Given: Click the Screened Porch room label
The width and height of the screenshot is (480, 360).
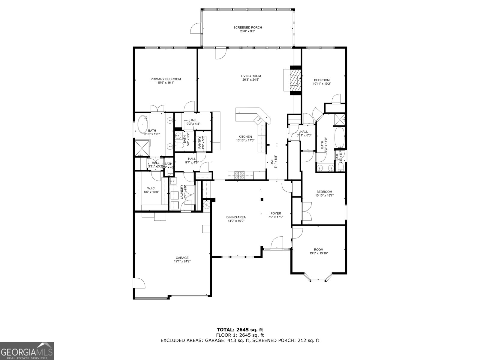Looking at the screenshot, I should click(247, 28).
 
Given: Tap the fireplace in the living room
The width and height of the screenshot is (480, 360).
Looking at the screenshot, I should click(294, 80).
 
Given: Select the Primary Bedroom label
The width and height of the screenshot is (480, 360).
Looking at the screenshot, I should click(166, 79).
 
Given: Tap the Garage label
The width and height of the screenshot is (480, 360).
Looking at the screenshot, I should click(182, 258).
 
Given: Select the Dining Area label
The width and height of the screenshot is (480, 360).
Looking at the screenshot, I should click(236, 217).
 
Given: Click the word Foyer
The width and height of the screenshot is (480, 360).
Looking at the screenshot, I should click(276, 213).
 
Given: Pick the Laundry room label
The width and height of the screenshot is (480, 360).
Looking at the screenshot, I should click(182, 192).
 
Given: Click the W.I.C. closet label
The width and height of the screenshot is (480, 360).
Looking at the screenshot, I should click(151, 188).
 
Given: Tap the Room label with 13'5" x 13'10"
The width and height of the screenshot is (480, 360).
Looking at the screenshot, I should click(319, 250).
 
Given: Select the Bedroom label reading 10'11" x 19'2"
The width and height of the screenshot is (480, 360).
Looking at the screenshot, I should click(322, 80).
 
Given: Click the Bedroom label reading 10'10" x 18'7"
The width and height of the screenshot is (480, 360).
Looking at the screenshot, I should click(324, 192).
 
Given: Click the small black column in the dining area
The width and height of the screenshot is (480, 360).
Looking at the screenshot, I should click(262, 199).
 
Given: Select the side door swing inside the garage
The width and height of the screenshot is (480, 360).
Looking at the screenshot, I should click(139, 283).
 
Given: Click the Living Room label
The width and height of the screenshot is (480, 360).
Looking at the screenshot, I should click(251, 76).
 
